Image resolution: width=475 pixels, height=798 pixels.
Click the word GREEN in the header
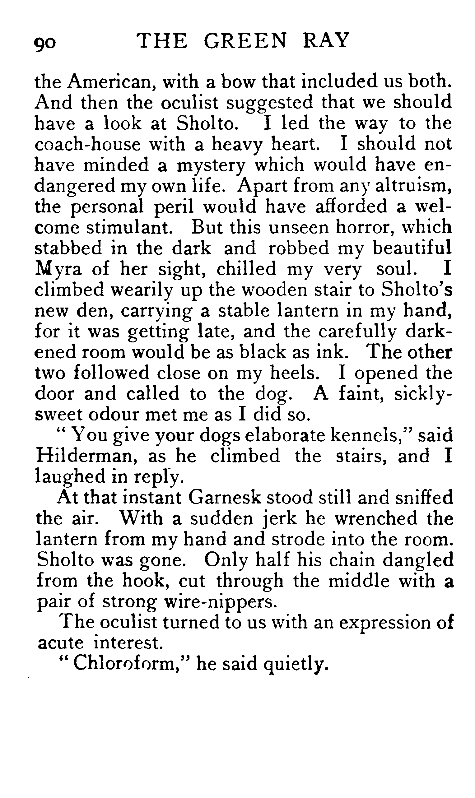[245, 41]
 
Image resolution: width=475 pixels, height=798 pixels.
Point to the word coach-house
[87, 144]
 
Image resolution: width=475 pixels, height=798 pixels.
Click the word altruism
[413, 186]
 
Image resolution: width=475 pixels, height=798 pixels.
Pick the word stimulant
[128, 228]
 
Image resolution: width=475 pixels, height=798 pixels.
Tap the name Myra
[58, 269]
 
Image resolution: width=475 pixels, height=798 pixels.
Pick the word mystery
[211, 166]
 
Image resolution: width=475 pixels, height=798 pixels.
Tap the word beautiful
[412, 248]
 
